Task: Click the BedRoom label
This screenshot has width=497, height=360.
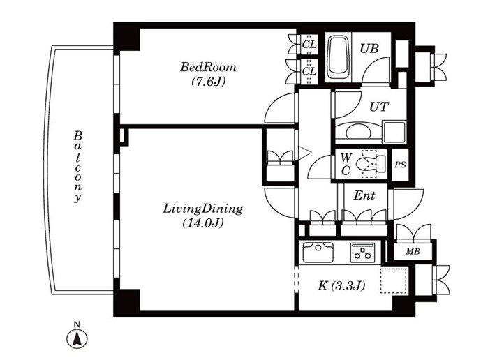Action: [x=208, y=67]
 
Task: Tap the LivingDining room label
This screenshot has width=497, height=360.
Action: [x=203, y=209]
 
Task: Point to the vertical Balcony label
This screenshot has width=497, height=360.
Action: [x=77, y=167]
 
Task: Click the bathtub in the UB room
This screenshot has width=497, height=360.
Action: [x=339, y=58]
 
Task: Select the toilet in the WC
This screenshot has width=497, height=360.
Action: [x=370, y=164]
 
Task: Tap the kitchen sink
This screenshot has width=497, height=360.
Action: [x=318, y=253]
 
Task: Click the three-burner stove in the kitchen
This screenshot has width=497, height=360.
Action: [x=363, y=253]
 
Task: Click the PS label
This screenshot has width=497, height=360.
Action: [x=400, y=165]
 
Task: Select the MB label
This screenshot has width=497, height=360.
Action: [x=413, y=252]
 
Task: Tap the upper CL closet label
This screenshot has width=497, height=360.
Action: [x=309, y=45]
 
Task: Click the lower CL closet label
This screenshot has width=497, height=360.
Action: [x=309, y=71]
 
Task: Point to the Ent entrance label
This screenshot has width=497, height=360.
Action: [x=364, y=195]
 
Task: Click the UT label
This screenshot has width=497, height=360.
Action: [x=379, y=107]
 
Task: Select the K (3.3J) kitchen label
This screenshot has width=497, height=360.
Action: [x=341, y=286]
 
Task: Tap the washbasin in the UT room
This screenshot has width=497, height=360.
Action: [x=358, y=131]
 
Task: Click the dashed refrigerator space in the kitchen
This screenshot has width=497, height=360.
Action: [x=393, y=280]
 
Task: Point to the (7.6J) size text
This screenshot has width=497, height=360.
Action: [x=208, y=82]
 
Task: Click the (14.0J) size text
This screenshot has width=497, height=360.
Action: [x=203, y=223]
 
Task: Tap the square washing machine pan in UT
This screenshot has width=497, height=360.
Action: [x=394, y=132]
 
